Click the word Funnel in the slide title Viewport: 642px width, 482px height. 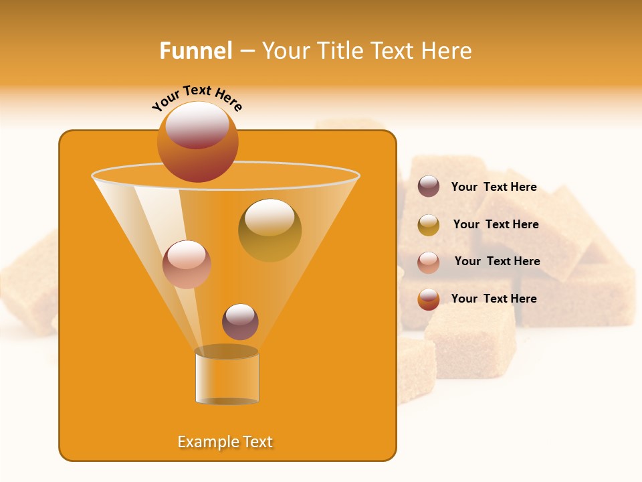coord(195,51)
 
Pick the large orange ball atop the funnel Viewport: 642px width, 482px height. coord(197,141)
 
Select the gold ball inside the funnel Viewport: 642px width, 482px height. coord(270,230)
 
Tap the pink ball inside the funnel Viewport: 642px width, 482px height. coord(187,264)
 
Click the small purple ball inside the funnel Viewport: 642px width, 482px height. coord(240,321)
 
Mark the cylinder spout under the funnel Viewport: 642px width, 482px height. coord(227,377)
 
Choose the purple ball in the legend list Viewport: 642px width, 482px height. coord(429,186)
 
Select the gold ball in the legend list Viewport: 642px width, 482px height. coord(429,225)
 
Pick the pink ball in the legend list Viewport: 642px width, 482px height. coord(429,262)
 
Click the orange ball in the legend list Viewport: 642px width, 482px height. coord(429,299)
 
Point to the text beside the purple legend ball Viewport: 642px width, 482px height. coord(494,187)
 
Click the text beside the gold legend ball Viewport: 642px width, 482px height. coord(496,224)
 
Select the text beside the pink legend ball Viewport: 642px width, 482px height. coord(497,261)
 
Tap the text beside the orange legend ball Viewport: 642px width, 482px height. coord(494,299)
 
